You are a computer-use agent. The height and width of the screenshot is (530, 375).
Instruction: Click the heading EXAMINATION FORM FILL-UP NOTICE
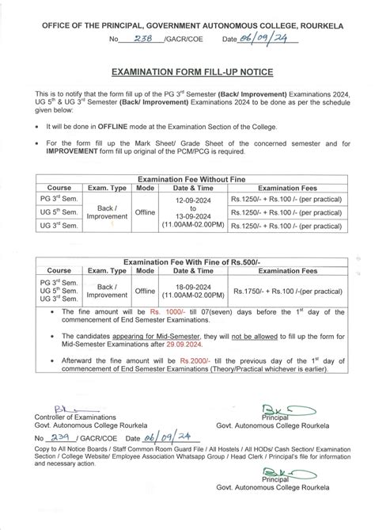(187, 71)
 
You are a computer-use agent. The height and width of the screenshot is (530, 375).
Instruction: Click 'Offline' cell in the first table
(145, 213)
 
